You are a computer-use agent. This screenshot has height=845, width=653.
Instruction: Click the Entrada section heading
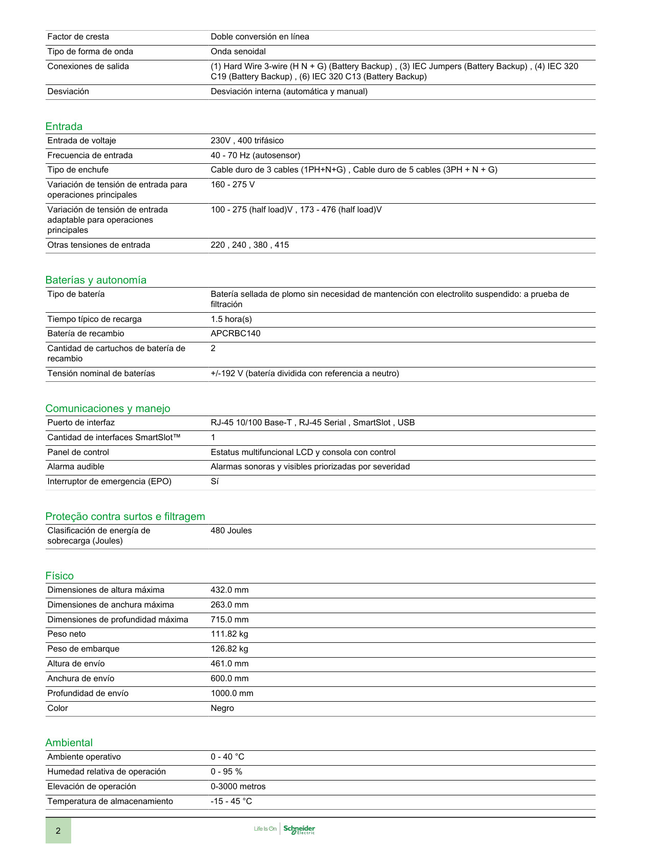coord(64,126)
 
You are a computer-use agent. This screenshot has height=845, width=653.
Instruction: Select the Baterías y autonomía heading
coord(96,280)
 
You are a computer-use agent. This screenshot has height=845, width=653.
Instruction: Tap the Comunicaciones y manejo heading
coord(108,408)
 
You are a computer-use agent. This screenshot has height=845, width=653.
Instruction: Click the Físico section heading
coord(59,576)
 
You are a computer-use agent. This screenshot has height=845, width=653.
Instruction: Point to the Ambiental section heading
coord(69,743)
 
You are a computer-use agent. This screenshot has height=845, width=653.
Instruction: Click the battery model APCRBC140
coord(236,334)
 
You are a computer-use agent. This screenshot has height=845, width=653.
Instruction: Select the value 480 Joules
coord(231,531)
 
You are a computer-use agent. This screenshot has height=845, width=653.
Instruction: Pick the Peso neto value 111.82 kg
coord(229,634)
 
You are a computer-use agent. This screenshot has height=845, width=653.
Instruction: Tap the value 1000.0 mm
coord(232,694)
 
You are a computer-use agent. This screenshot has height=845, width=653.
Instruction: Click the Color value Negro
coord(222,708)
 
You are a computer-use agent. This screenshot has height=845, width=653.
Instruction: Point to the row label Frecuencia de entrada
coord(90,156)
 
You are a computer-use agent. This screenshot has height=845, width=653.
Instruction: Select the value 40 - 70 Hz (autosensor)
coord(256,156)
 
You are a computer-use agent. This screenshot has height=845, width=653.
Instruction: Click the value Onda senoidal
coord(238,52)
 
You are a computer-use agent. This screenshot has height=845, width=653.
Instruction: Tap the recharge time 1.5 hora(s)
coord(231,319)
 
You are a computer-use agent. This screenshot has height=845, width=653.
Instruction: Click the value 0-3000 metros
coord(238,787)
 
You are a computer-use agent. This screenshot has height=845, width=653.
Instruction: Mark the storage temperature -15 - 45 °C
coord(231,801)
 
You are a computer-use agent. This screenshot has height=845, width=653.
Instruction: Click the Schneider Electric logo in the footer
coord(299,829)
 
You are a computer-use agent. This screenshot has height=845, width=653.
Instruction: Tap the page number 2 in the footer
coord(58,831)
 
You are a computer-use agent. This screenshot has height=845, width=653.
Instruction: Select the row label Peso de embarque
coord(83,649)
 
